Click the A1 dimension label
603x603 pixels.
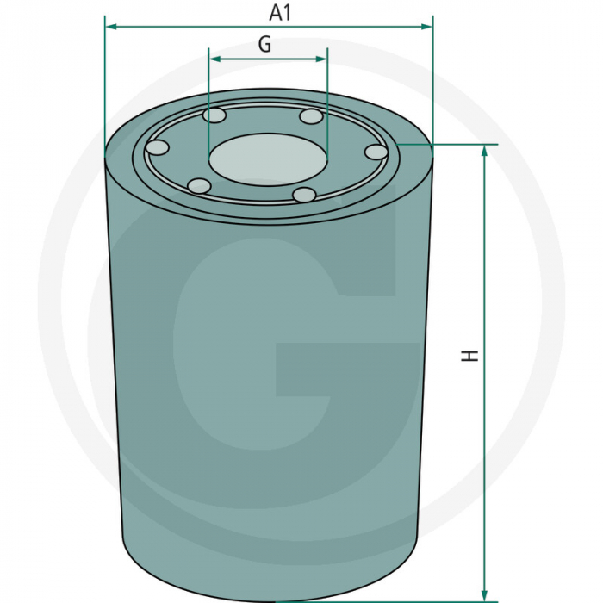(x=281, y=12)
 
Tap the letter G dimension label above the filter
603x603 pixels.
(x=265, y=45)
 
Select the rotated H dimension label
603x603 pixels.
(x=470, y=355)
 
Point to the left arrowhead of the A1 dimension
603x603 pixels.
(x=111, y=27)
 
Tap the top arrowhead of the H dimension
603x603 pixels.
(x=485, y=152)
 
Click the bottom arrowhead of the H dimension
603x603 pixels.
(x=485, y=594)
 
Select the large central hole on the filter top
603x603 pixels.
(x=267, y=159)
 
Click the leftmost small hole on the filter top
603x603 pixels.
(x=157, y=147)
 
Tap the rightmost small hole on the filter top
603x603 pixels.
(x=376, y=152)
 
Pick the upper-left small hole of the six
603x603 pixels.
(x=215, y=115)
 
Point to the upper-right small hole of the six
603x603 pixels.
(x=310, y=116)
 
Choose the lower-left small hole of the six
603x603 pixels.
(x=199, y=185)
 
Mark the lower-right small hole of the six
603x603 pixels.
(x=304, y=195)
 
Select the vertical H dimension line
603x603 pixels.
(x=485, y=258)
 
